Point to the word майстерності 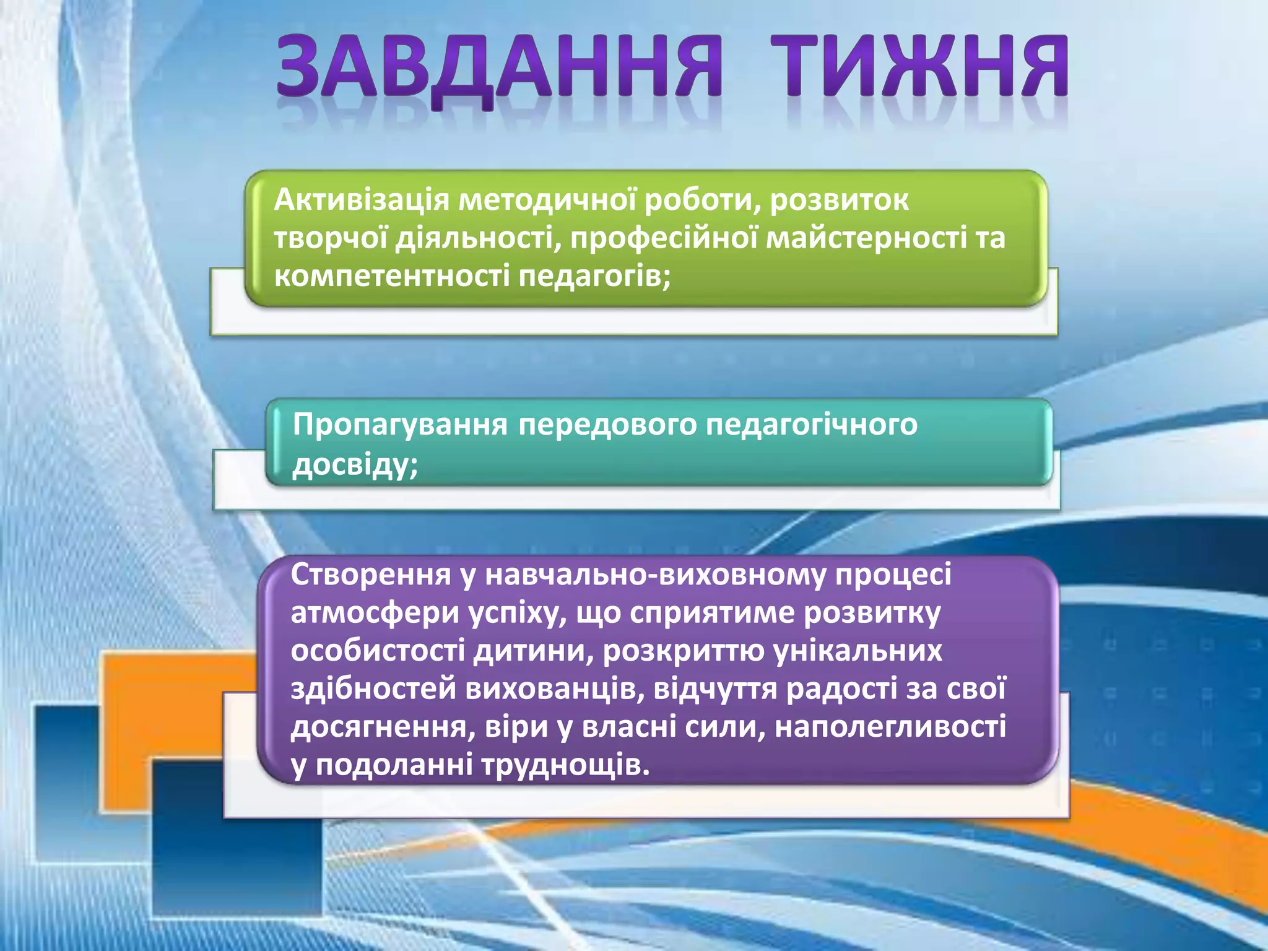867,238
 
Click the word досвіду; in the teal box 355,464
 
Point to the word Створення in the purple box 370,575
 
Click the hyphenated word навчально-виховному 655,575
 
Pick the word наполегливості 890,727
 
